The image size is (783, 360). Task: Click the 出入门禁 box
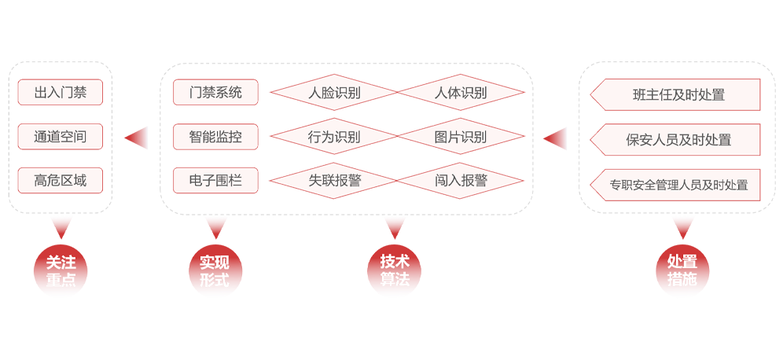tap(61, 93)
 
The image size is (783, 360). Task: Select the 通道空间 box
tap(61, 136)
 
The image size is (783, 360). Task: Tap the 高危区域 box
tap(61, 180)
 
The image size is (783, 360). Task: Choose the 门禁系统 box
tap(215, 93)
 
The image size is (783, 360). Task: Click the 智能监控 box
tap(215, 136)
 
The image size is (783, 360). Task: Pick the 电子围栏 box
tap(215, 180)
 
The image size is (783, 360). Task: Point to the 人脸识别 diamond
tap(334, 93)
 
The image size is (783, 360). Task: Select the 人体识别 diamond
tap(461, 93)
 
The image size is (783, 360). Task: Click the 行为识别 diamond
tap(334, 136)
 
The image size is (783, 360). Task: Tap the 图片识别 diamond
tap(461, 136)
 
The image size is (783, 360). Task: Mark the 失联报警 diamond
tap(334, 180)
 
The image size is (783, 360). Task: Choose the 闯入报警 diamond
tap(461, 180)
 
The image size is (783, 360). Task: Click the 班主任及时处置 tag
tap(675, 94)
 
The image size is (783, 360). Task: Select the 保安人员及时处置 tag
tap(675, 139)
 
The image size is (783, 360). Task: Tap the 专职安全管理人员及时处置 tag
tap(675, 185)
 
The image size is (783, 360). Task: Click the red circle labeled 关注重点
tap(61, 270)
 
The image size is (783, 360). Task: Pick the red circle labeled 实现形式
tap(215, 270)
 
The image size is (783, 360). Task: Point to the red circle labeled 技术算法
tap(395, 270)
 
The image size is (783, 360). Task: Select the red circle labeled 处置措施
tap(682, 270)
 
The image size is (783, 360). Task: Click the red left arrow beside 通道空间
tap(136, 138)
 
